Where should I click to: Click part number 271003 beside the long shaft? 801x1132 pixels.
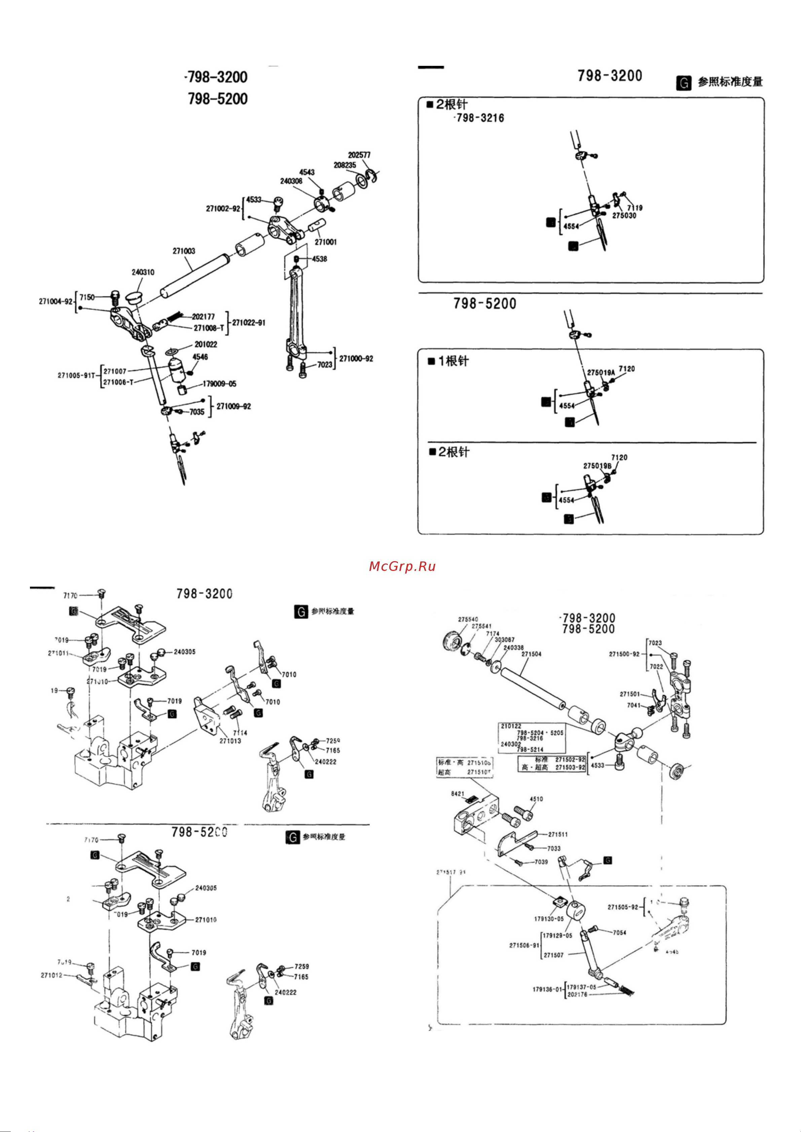coord(184,251)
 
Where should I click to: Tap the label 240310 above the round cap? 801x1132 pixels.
coord(143,272)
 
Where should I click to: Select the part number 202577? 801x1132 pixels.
coord(359,155)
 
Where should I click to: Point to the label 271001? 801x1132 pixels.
coord(326,242)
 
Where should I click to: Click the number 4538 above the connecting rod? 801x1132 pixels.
coord(319,259)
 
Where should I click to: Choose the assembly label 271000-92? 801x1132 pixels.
coord(356,359)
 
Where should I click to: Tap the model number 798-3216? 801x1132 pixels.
coord(480,118)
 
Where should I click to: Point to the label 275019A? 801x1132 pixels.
coord(600,372)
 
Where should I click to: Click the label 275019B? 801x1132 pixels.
coord(597,466)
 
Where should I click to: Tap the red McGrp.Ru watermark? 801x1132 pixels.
coord(402,567)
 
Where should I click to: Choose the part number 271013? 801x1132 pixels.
coord(230,741)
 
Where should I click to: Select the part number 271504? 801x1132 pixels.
coord(531,654)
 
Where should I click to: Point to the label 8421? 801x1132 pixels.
coord(458,794)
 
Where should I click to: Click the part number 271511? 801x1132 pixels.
coord(558,835)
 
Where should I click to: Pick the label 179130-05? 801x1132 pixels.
coord(549,919)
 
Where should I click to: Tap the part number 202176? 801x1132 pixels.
coord(577,995)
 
